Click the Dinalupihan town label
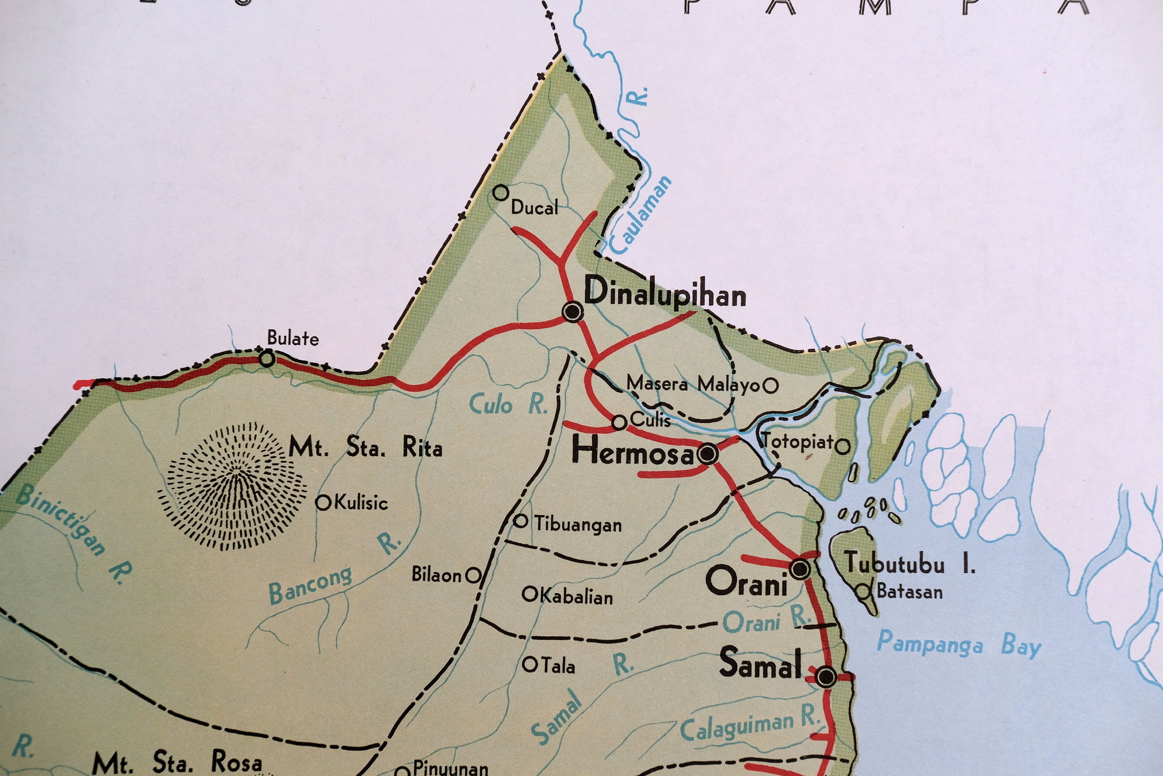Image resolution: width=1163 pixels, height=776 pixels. [665, 293]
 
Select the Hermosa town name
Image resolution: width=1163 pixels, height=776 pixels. [633, 452]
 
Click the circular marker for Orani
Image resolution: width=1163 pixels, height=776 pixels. [799, 569]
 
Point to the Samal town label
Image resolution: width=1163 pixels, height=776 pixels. [760, 663]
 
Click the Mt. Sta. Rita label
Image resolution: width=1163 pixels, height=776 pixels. [366, 447]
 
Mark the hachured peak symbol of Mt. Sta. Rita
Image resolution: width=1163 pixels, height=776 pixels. [232, 487]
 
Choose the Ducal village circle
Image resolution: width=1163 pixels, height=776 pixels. [501, 192]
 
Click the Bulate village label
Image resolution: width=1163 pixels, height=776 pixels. [293, 338]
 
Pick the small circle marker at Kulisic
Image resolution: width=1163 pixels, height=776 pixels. [323, 503]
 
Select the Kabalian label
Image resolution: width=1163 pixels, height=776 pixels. [576, 597]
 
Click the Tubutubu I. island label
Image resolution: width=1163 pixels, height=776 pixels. [909, 564]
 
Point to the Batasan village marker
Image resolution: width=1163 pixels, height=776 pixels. [863, 591]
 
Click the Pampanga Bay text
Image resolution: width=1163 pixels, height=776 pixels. [959, 645]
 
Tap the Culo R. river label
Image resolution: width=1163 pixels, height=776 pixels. [508, 405]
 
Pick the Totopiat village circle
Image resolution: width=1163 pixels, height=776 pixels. [842, 447]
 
